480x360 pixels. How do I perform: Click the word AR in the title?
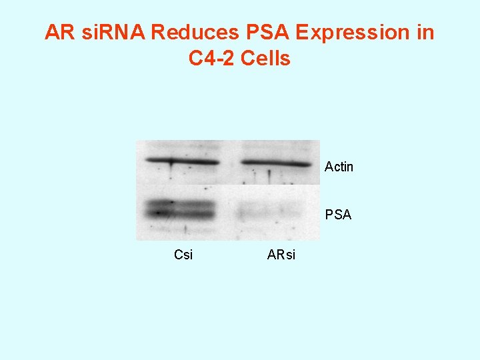(x=59, y=33)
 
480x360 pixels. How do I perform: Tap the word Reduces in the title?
(x=191, y=33)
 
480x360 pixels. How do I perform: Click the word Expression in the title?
(x=346, y=33)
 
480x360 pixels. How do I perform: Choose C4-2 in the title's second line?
(x=211, y=59)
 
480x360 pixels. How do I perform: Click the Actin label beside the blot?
(x=339, y=167)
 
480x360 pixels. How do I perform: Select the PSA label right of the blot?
(x=338, y=215)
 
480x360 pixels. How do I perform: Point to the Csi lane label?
(x=183, y=255)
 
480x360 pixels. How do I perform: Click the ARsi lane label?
(x=281, y=255)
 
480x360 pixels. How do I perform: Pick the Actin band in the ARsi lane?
(x=275, y=163)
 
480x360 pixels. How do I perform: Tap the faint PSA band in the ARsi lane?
(x=267, y=212)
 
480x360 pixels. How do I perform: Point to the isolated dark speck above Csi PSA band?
(x=204, y=189)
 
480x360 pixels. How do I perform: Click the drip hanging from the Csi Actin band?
(x=172, y=171)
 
